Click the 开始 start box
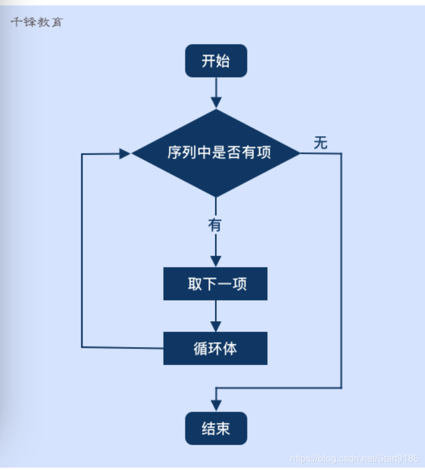(216, 61)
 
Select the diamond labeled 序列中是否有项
(216, 153)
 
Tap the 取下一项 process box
(215, 284)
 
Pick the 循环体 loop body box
(215, 348)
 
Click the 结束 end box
(216, 428)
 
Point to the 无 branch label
(320, 143)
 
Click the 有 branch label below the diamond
(215, 225)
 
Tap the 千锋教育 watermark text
(37, 23)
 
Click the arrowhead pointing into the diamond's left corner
(125, 154)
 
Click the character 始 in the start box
(223, 61)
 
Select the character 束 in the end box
(223, 428)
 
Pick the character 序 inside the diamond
(175, 153)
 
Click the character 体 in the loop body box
(230, 348)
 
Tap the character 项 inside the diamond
(264, 153)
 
